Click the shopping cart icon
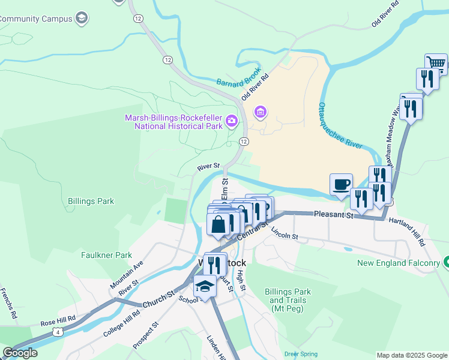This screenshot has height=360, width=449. (x=436, y=63)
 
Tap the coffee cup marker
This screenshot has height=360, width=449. (x=342, y=184)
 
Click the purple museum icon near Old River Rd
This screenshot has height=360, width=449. (x=261, y=112)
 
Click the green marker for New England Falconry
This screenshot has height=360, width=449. (x=445, y=262)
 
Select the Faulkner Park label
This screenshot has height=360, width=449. (x=106, y=255)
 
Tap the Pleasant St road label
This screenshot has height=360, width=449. (x=334, y=214)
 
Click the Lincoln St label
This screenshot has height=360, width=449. (x=285, y=233)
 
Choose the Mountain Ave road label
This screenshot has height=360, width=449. (x=127, y=274)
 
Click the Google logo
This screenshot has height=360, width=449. (x=19, y=353)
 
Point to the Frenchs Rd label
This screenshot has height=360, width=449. (x=11, y=302)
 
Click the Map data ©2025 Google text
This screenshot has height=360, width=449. (x=411, y=355)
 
